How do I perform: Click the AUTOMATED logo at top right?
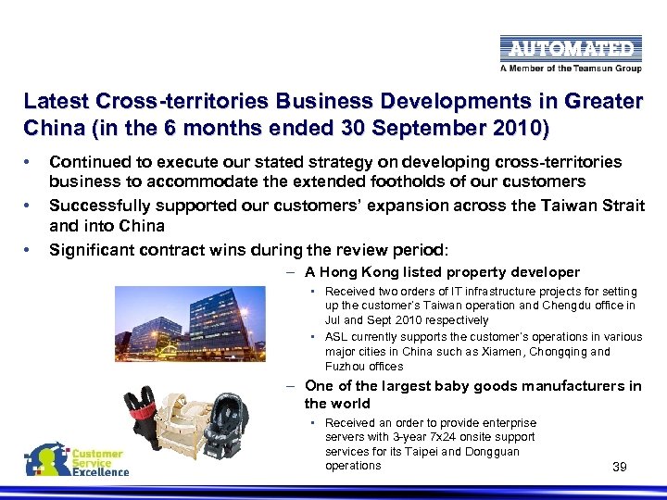[568, 48]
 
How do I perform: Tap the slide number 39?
[620, 467]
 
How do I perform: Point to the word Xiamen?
[496, 351]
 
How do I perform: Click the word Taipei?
[434, 451]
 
